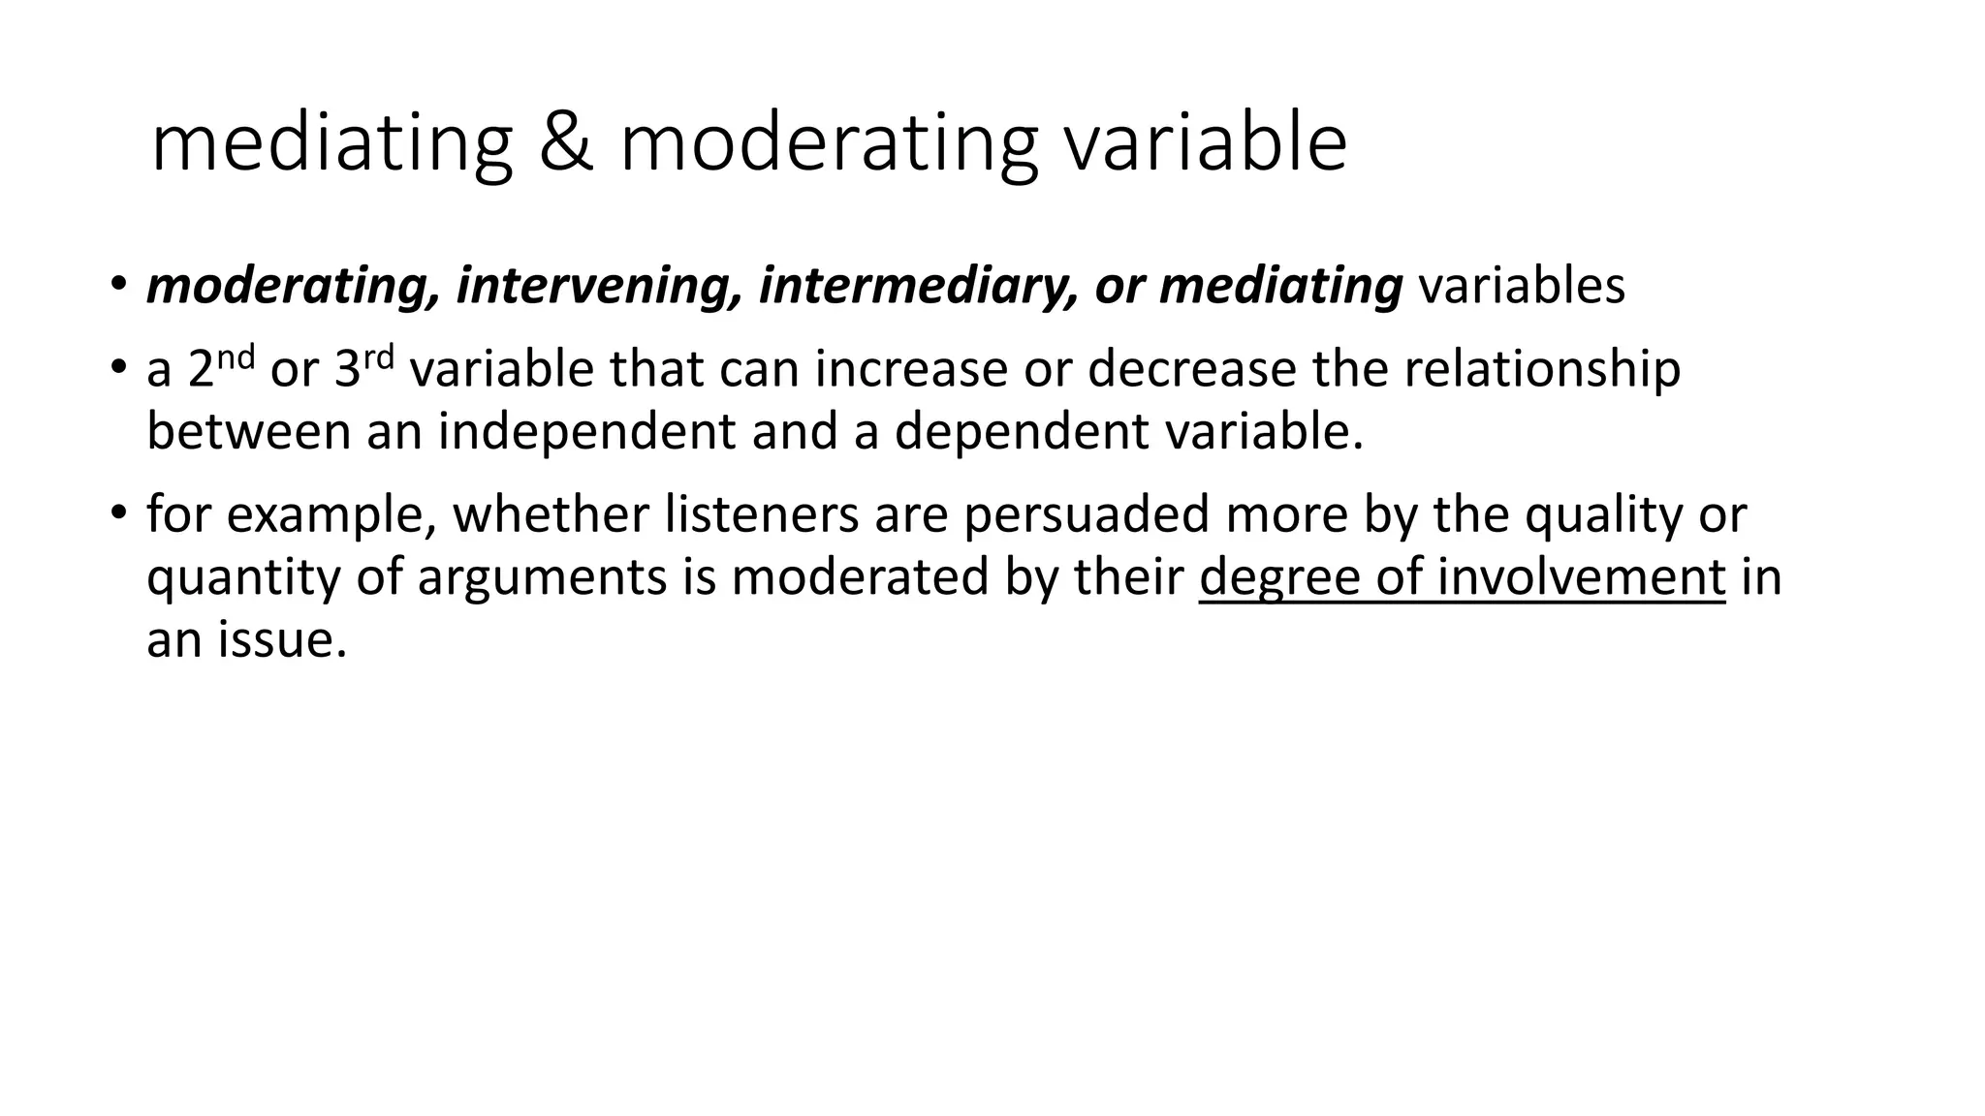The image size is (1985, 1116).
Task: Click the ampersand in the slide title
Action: coord(566,143)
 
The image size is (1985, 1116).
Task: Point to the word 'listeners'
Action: coord(761,514)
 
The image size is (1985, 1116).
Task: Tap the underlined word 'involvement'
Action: coord(1580,577)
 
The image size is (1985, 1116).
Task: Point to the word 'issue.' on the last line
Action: coord(281,640)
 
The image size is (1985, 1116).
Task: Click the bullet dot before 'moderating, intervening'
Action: coord(117,284)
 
